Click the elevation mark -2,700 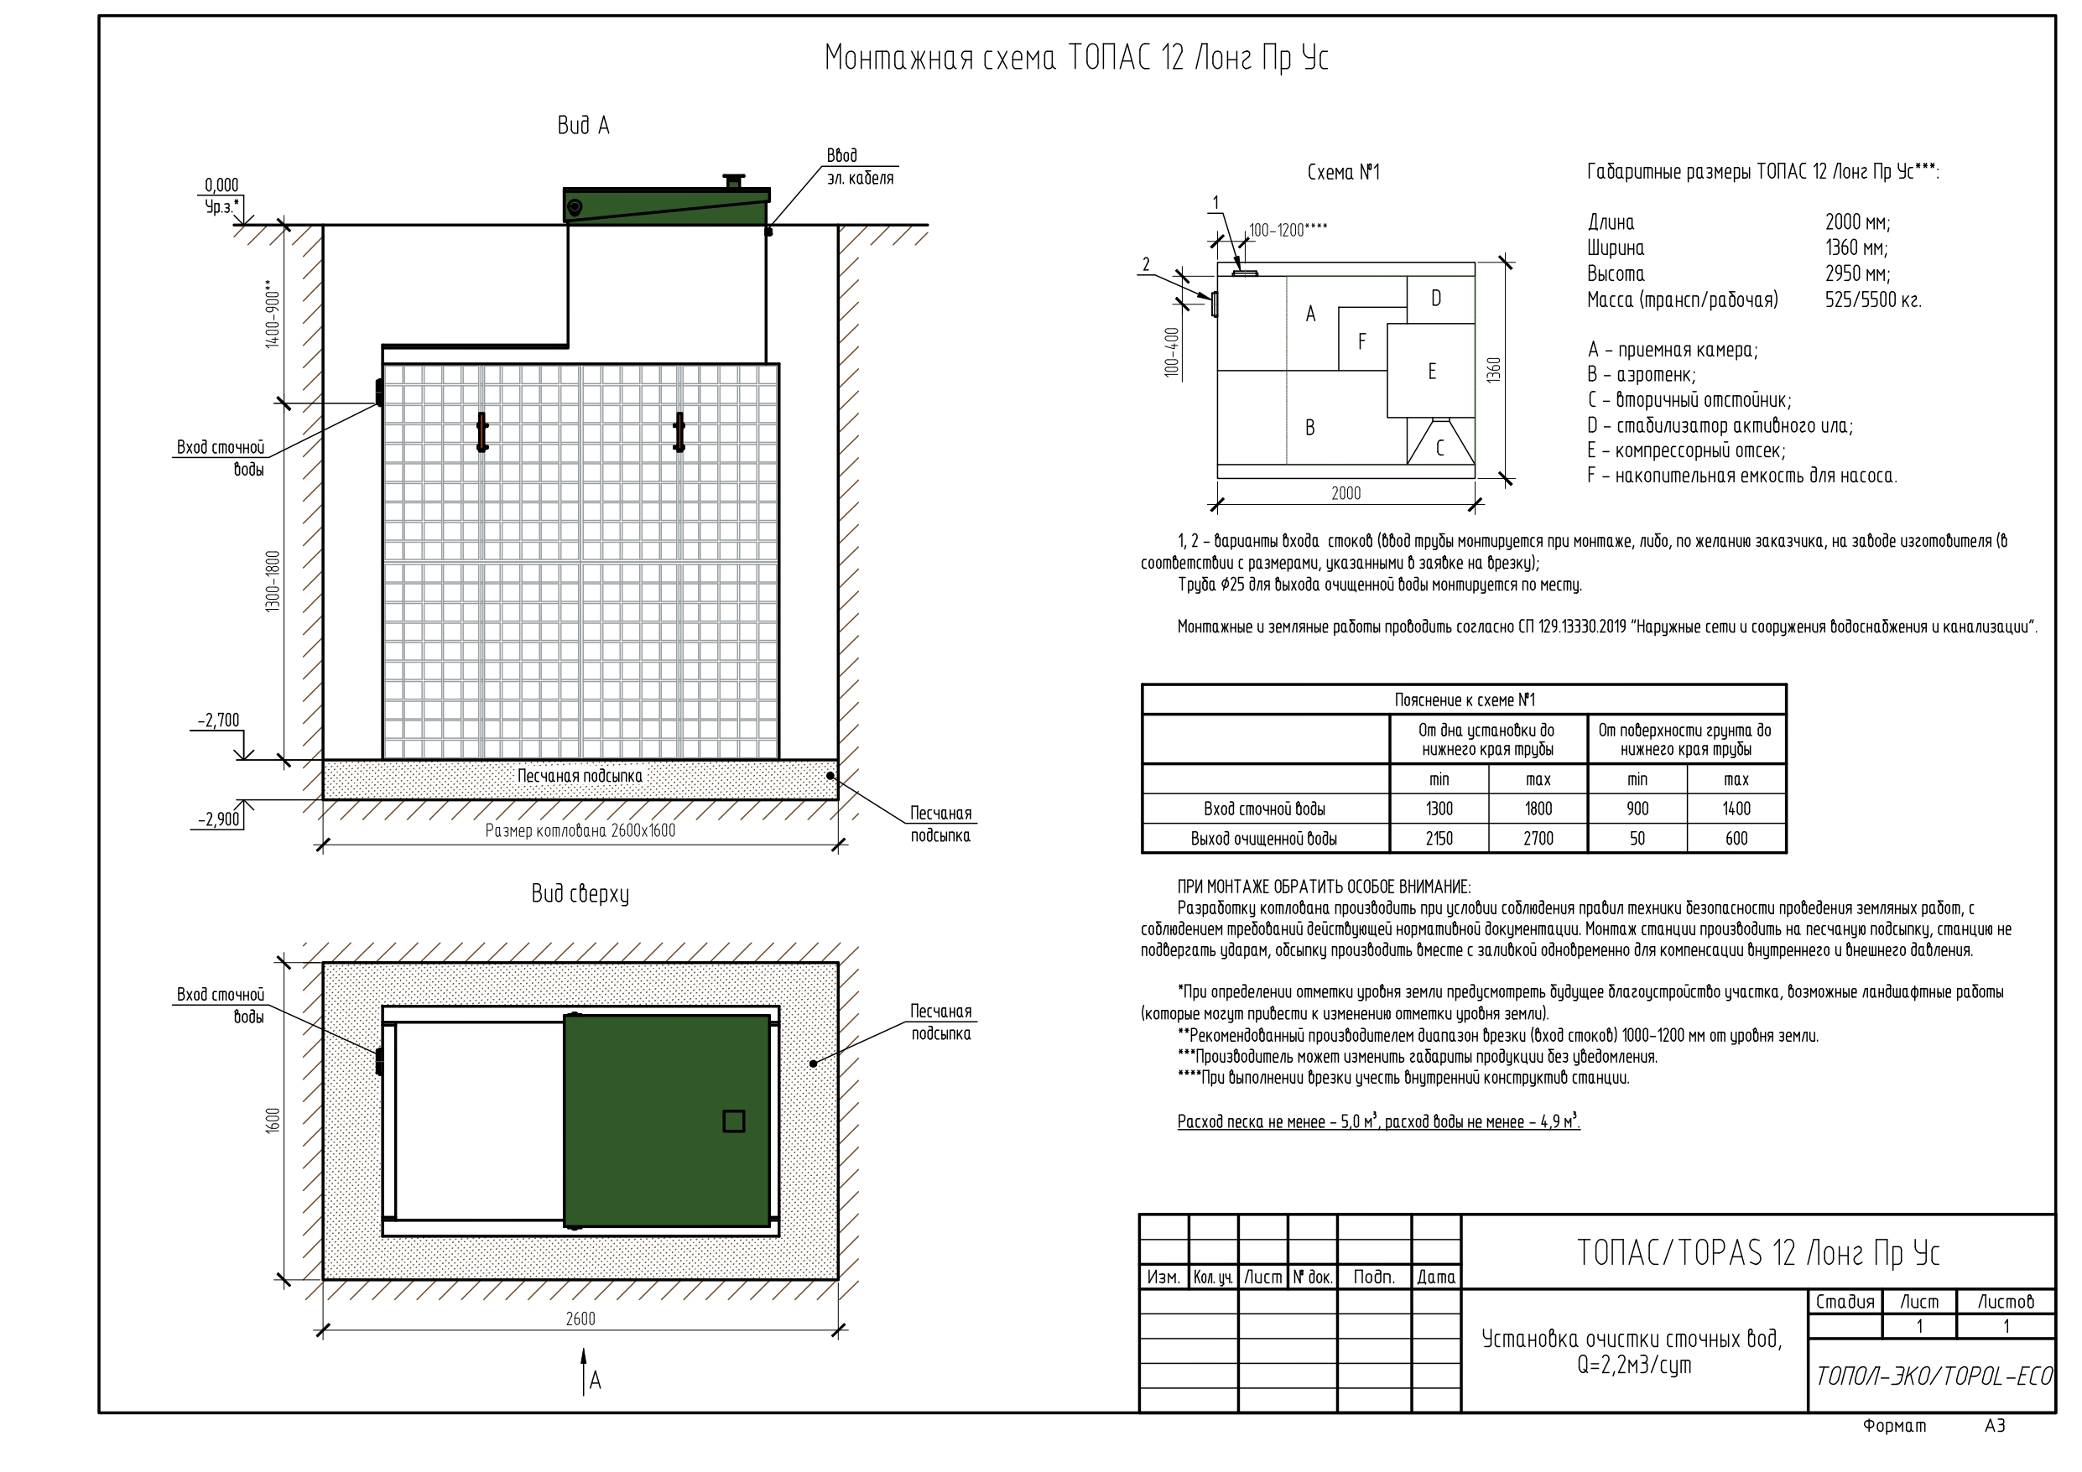point(219,721)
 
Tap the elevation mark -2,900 point(220,820)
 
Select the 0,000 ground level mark point(221,186)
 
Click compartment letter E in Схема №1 point(1432,372)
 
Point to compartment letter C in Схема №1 point(1439,448)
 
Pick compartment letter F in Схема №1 point(1361,342)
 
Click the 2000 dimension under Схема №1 point(1345,493)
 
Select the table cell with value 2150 point(1439,839)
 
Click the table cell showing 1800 point(1538,809)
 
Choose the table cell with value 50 point(1637,839)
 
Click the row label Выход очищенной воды point(1264,839)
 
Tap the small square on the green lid point(734,1121)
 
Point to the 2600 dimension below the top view point(580,1319)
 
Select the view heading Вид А point(583,126)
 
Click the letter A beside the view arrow point(596,1381)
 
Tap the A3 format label point(1995,1426)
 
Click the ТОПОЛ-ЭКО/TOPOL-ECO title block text point(1934,1376)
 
